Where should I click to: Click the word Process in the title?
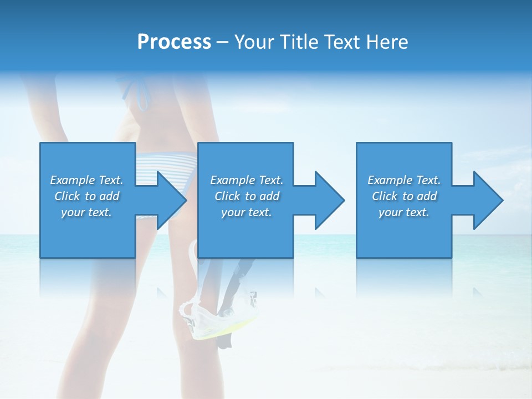[x=174, y=42]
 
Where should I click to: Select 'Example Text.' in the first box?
[x=86, y=180]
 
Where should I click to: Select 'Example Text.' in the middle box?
[x=247, y=180]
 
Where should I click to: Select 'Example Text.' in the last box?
[x=404, y=180]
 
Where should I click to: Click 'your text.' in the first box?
[x=86, y=212]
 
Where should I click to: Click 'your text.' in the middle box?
[x=247, y=212]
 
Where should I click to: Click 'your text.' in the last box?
[x=404, y=212]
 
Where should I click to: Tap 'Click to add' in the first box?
[x=86, y=196]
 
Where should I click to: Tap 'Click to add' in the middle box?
[x=247, y=196]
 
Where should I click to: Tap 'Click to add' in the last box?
[x=404, y=196]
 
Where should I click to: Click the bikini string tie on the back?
[x=141, y=91]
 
